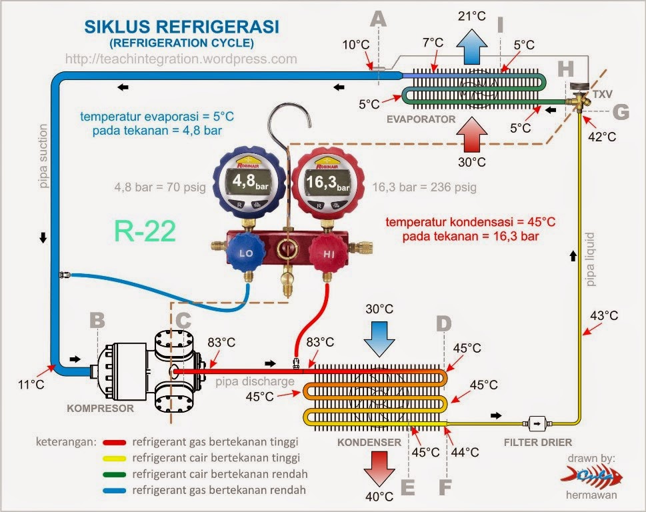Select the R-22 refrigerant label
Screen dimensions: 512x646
click(145, 231)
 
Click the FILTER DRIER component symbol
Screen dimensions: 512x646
click(537, 423)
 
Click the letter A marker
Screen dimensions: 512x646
click(378, 20)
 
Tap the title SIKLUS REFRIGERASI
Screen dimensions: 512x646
click(181, 27)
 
